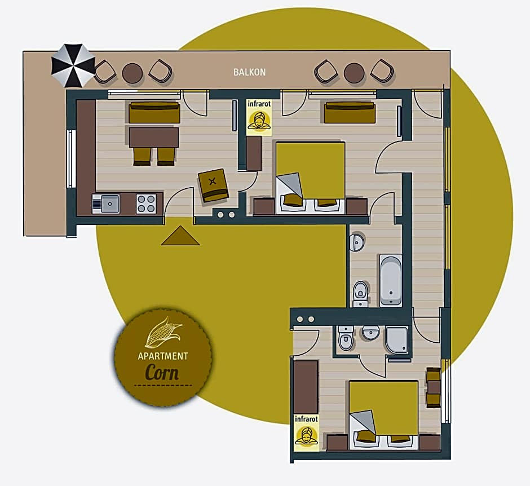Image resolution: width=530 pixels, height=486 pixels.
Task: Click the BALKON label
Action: tap(249, 72)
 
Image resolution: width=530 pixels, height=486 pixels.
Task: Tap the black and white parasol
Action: tap(73, 65)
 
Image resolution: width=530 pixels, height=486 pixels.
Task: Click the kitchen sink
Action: tap(106, 204)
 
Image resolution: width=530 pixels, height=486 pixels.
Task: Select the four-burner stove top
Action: tap(146, 204)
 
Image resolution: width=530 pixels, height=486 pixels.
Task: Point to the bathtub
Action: tap(391, 280)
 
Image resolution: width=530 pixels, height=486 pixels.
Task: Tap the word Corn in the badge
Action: tap(162, 373)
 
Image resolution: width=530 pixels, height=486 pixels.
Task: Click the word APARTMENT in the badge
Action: tap(163, 356)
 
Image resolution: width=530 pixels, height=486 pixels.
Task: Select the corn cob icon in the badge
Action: tap(164, 332)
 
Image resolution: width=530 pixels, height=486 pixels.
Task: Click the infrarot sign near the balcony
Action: tap(259, 117)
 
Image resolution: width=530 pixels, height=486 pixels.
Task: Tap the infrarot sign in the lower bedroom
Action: tap(306, 432)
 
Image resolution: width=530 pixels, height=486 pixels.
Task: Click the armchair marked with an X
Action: tap(213, 185)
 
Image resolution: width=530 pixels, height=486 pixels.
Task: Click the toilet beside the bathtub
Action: tap(360, 294)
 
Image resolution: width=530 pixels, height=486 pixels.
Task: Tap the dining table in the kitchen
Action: tap(154, 137)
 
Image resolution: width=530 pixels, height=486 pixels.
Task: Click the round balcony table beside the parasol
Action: tap(132, 73)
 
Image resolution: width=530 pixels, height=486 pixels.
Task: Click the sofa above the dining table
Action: tap(154, 113)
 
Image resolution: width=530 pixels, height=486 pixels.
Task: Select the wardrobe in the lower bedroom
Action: tap(306, 387)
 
